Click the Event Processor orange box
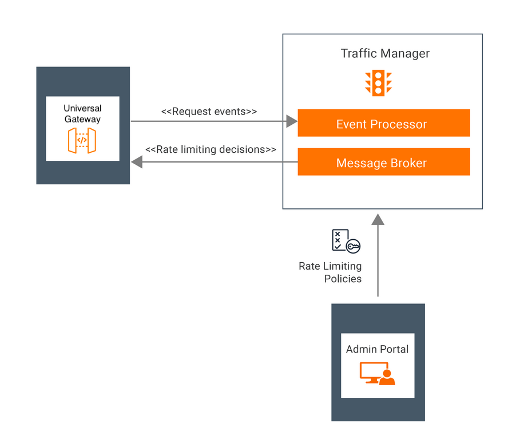click(383, 123)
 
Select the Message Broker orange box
click(383, 162)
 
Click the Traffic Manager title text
click(385, 54)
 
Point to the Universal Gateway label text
click(82, 114)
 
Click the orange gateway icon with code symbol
click(82, 140)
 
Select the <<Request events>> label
click(209, 112)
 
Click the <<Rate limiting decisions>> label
click(211, 149)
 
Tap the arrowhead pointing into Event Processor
click(292, 121)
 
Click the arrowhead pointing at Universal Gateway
click(137, 162)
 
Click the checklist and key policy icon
click(346, 240)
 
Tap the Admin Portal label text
click(377, 349)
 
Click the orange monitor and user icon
click(377, 373)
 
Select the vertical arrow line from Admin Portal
click(378, 263)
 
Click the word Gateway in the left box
click(82, 120)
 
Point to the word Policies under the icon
click(343, 279)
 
